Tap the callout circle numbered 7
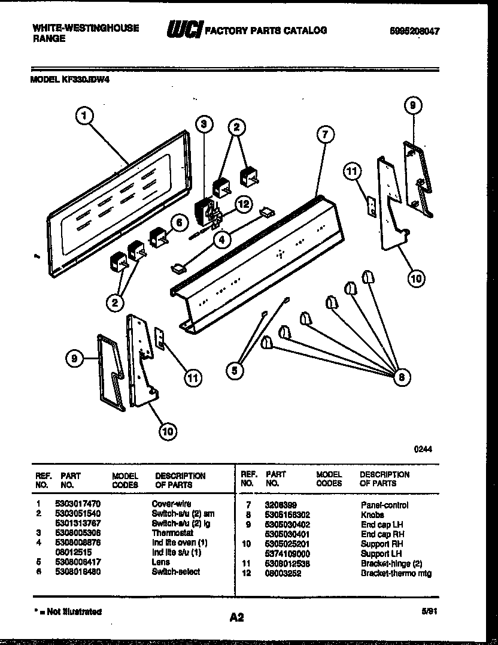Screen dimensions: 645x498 point(324,135)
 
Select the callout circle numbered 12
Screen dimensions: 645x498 point(242,204)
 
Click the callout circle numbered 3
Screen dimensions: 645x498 point(204,125)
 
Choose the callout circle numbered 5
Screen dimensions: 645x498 point(235,372)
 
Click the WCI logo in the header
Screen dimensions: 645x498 point(184,29)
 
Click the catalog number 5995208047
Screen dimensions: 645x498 point(410,32)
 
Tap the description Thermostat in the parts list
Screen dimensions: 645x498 point(172,533)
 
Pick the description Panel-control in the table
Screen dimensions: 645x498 point(384,505)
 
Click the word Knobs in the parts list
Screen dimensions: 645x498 point(372,514)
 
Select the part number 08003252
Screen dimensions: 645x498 point(283,573)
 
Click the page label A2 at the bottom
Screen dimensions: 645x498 point(236,617)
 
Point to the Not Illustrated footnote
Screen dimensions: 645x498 point(66,611)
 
